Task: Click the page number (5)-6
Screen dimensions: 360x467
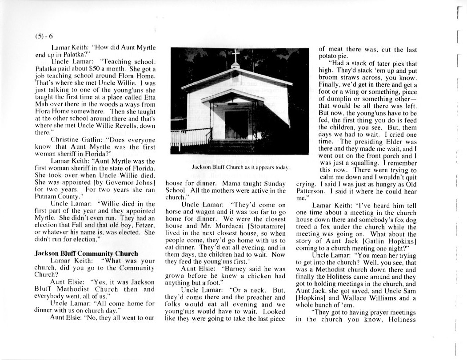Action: tap(44, 36)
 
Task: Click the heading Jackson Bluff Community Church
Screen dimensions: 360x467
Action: tap(87, 253)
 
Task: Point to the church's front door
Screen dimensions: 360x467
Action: tap(236, 124)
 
